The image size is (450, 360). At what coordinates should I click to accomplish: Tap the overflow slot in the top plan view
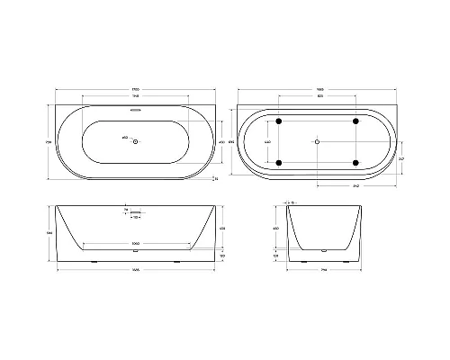coord(136,112)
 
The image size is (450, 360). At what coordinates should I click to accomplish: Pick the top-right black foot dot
coord(357,121)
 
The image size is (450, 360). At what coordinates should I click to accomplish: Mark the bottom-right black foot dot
coord(357,162)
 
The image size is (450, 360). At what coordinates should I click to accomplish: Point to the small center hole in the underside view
coord(318,141)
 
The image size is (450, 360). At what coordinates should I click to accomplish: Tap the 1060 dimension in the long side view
coord(136,244)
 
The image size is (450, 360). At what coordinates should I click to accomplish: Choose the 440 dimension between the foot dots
coord(266,141)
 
